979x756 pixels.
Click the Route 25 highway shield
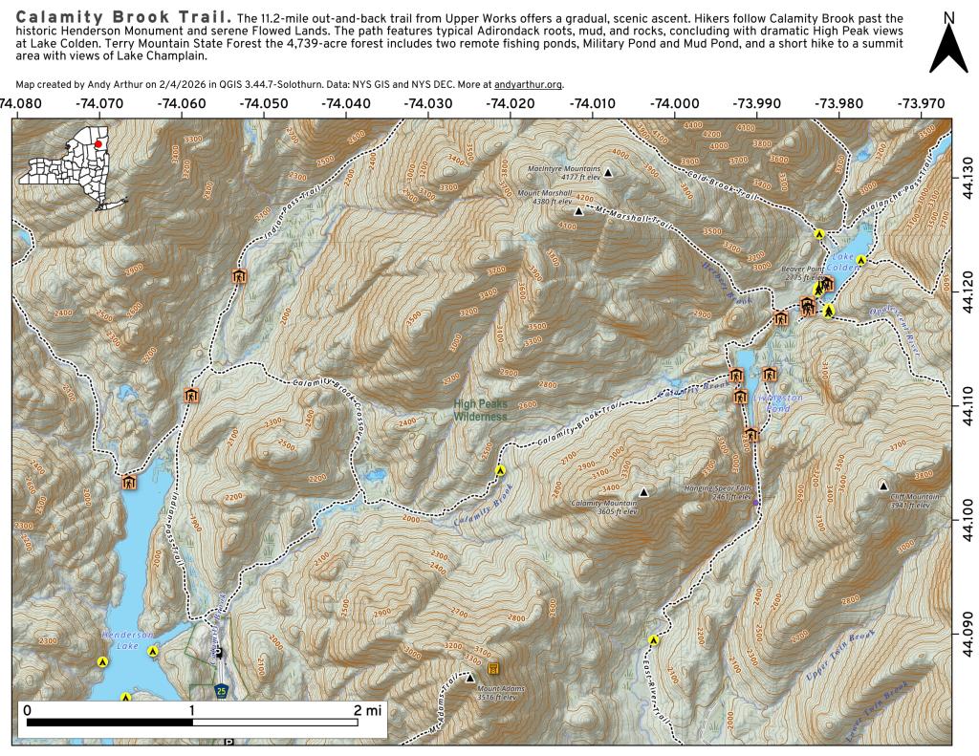(221, 690)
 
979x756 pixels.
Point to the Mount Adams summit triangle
(469, 679)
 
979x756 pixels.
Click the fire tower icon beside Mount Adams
(493, 668)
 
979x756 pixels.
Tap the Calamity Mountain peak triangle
(643, 493)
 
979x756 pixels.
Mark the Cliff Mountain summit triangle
(883, 486)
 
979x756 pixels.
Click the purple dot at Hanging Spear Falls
(755, 502)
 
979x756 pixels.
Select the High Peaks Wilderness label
(480, 410)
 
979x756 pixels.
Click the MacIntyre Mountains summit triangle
(607, 172)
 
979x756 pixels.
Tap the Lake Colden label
(843, 262)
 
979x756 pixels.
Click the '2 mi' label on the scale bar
(366, 710)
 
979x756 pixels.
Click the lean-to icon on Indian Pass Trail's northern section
(238, 277)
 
